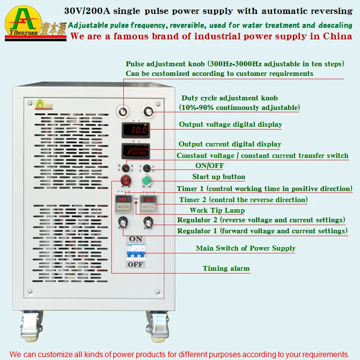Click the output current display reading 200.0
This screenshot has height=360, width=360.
pyautogui.click(x=135, y=151)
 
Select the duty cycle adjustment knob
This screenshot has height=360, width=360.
pyautogui.click(x=147, y=112)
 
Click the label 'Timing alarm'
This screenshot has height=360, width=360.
pyautogui.click(x=226, y=268)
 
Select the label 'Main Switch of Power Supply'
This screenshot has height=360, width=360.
pyautogui.click(x=245, y=248)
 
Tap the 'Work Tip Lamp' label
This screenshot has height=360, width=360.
pyautogui.click(x=217, y=210)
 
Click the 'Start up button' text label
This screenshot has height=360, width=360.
pyautogui.click(x=218, y=177)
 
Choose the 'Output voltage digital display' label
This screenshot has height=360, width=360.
pyautogui.click(x=230, y=124)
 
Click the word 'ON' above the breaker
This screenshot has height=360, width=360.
pyautogui.click(x=136, y=239)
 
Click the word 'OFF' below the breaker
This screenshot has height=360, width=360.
pyautogui.click(x=135, y=264)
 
